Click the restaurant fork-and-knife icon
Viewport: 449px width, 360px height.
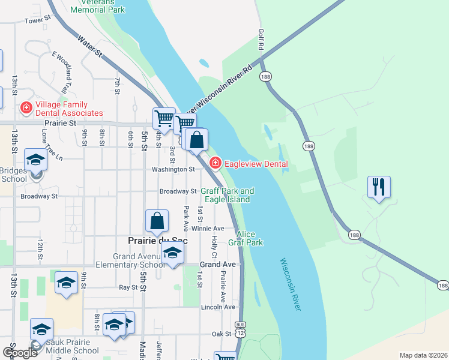[x=379, y=187]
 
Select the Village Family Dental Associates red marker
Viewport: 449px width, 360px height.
[x=26, y=109]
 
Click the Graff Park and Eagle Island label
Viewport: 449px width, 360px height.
[x=227, y=195]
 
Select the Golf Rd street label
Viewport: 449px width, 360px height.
[x=261, y=39]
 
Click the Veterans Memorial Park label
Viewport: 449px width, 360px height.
[x=97, y=5]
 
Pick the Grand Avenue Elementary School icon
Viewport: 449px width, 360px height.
[x=172, y=254]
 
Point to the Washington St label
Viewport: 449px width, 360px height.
[x=173, y=170]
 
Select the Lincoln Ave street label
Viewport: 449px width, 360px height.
[x=218, y=307]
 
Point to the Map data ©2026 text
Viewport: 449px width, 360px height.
[x=423, y=355]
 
